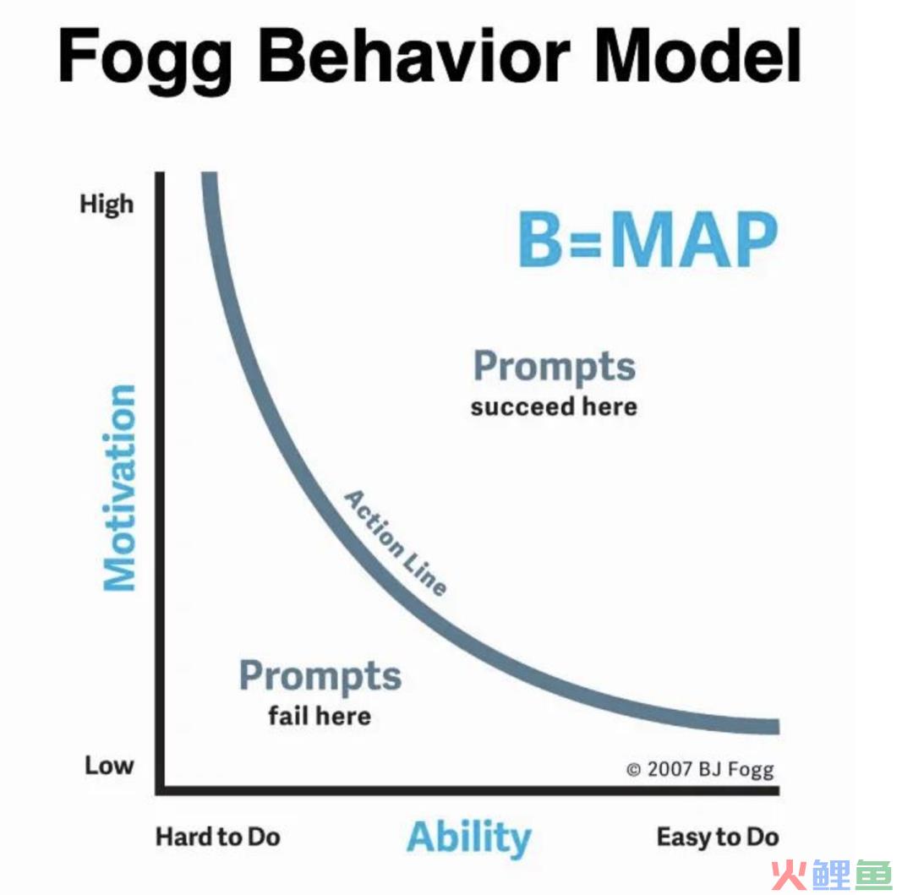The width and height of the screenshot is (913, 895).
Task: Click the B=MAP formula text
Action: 648,239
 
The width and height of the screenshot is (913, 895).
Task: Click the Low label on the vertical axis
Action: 109,765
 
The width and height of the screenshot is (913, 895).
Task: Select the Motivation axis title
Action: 119,488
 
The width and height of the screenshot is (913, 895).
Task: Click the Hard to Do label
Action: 218,837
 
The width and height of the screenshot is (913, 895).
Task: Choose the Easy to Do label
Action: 718,837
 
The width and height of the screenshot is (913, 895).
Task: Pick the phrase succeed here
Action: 554,407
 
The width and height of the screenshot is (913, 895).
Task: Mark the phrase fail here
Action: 320,716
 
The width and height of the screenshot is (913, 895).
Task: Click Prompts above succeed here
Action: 555,367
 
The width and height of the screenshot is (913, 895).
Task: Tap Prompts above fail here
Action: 320,676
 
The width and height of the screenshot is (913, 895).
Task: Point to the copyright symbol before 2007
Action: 633,770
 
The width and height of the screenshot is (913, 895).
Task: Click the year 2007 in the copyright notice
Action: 670,769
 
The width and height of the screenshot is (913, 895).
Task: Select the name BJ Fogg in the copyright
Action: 736,770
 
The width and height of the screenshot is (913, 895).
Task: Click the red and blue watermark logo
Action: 831,874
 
